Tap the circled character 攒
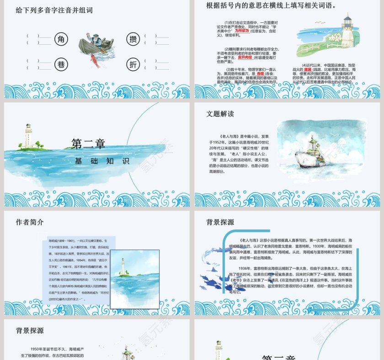pos(133,39)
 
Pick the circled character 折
pos(133,64)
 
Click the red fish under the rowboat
pos(95,60)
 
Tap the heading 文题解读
pos(220,114)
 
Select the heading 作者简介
pos(30,222)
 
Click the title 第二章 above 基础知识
pos(88,144)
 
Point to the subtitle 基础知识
pos(102,161)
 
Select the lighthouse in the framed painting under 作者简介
pos(122,267)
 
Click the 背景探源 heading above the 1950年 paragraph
pos(30,330)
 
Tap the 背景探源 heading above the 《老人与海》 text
pos(220,222)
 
